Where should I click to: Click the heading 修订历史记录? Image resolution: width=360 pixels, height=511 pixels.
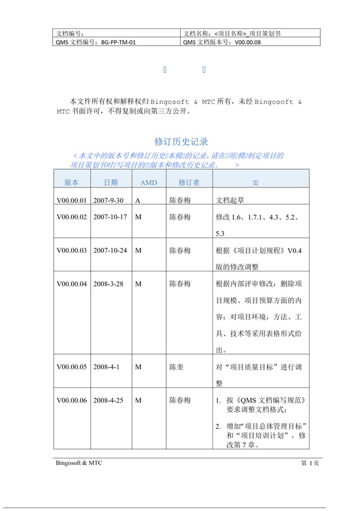pos(181,142)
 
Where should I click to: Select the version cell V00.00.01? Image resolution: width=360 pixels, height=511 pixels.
pos(71,201)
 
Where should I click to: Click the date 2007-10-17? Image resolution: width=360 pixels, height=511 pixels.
pos(111,217)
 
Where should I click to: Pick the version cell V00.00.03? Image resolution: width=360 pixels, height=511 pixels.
pos(71,250)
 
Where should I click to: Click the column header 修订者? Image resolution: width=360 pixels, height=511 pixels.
pos(188,182)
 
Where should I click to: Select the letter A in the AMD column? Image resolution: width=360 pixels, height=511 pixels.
pos(138,201)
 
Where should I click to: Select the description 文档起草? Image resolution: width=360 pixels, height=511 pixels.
pos(229,201)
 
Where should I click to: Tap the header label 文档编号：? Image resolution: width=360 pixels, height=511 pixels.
pos(70,33)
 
